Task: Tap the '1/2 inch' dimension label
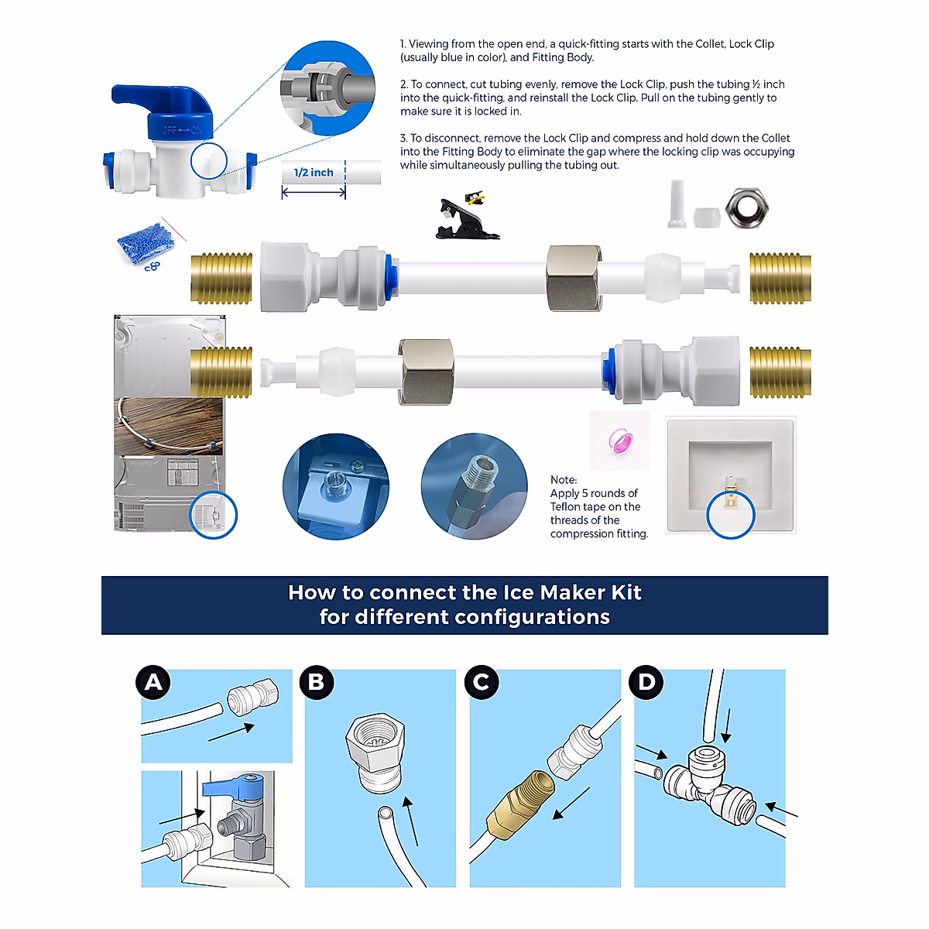314,173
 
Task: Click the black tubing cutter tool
461,218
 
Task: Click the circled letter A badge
154,682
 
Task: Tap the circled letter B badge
317,682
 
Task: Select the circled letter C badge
482,682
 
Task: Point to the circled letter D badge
646,682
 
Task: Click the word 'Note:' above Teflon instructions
564,480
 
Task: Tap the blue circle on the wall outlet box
731,515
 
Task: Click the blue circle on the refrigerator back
214,515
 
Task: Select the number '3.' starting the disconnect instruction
404,138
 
